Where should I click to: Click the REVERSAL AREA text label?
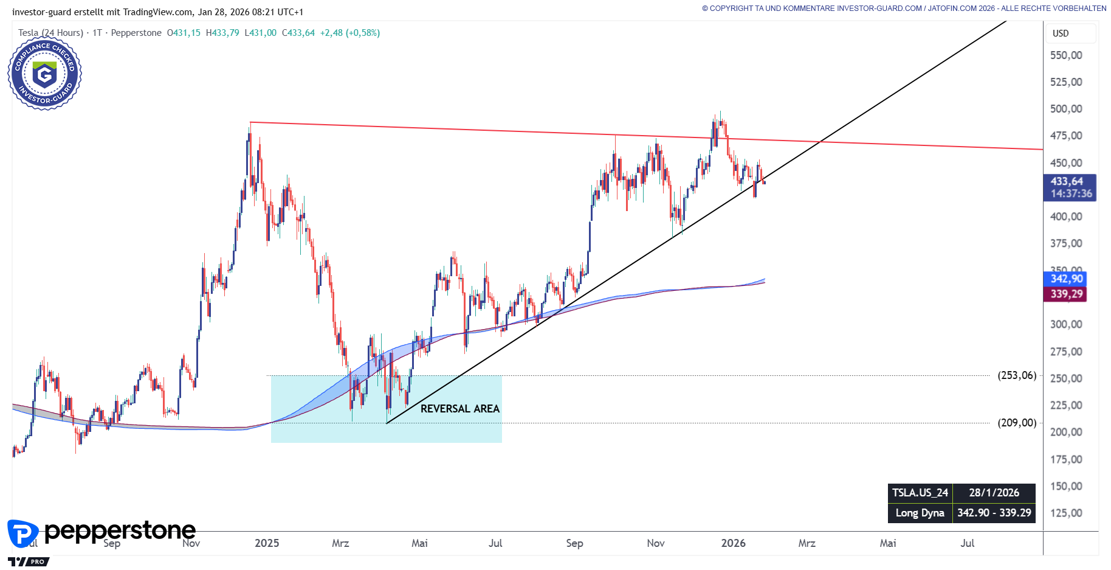459,409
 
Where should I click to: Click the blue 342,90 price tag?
1067,279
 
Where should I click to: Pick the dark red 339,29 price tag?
1067,294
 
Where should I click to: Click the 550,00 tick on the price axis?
1066,55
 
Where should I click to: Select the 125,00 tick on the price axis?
1066,513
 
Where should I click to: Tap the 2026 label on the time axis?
733,543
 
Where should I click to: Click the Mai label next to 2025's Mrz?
419,543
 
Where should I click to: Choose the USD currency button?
1061,33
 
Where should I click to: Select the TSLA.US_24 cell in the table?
920,493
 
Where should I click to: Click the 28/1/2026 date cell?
994,493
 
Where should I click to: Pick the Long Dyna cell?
920,513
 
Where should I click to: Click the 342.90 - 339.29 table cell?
994,513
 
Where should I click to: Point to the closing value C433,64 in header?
298,33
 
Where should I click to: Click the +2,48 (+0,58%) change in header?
349,33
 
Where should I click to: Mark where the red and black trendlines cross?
820,142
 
